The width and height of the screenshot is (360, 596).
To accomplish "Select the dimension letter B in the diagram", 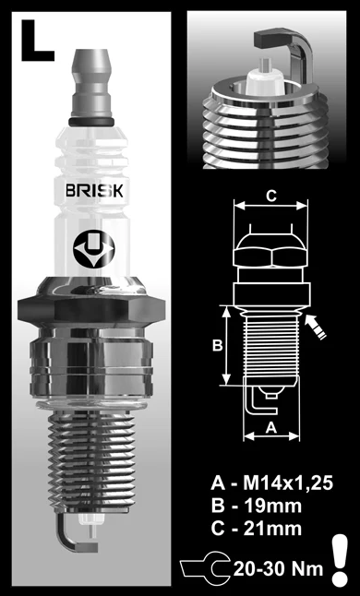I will point(216,345).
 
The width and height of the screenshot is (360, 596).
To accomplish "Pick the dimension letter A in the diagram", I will point(270,426).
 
